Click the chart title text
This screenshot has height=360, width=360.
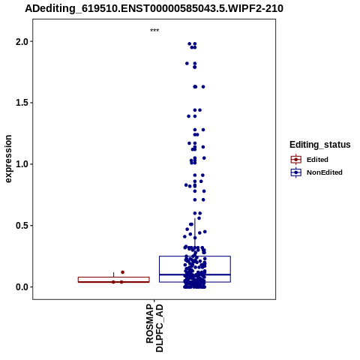154,8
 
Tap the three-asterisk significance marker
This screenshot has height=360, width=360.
154,31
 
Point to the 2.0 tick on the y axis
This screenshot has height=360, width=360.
22,41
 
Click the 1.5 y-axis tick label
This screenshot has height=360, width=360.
22,103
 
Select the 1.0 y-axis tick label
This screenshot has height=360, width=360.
22,164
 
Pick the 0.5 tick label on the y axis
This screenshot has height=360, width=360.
22,226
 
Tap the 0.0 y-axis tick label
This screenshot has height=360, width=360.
22,287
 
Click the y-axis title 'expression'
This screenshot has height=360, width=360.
8,159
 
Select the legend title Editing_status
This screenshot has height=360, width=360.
320,145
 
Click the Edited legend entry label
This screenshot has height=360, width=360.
317,160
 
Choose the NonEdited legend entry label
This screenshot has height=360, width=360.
325,172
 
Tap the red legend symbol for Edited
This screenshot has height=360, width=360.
296,159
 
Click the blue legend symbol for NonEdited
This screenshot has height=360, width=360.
296,172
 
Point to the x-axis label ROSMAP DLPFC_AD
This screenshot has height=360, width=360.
154,328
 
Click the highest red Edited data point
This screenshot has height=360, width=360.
122,272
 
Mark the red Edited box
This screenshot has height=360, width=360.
114,280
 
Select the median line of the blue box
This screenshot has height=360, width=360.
195,274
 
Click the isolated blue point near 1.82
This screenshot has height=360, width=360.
187,64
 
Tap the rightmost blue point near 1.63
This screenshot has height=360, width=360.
203,87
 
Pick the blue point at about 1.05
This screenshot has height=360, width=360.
204,158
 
